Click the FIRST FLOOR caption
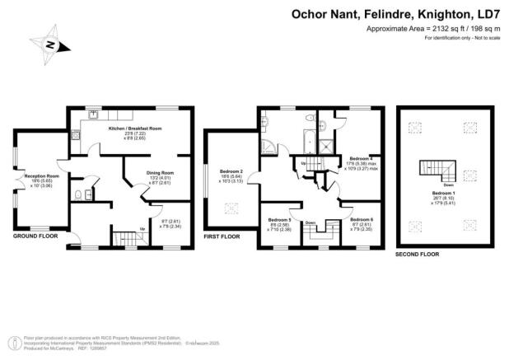pyautogui.click(x=223, y=236)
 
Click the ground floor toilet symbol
pyautogui.click(x=77, y=195)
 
